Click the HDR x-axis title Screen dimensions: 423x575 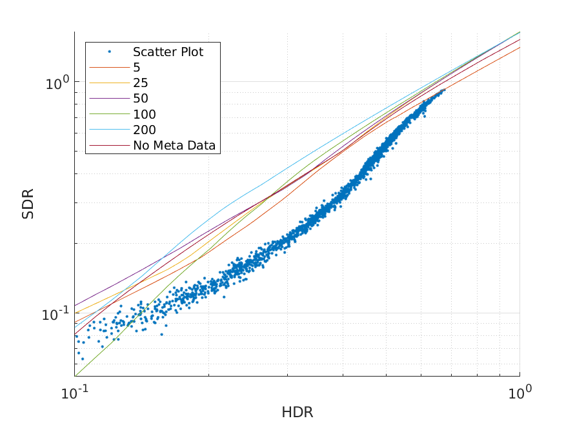(x=297, y=412)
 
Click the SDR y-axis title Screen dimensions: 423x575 (x=28, y=204)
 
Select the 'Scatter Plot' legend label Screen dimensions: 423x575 (x=168, y=52)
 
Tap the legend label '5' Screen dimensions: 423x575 (x=137, y=67)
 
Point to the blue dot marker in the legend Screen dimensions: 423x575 (x=110, y=52)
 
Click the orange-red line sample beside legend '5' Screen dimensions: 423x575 (x=109, y=67)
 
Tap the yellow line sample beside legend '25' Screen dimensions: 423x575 (x=109, y=83)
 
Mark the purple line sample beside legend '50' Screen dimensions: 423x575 (x=109, y=99)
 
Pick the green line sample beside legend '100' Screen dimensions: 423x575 (x=109, y=114)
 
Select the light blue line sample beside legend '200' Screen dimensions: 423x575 (x=109, y=130)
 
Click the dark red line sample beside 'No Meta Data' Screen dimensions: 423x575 (x=109, y=146)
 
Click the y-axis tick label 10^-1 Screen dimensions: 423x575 (x=55, y=315)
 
